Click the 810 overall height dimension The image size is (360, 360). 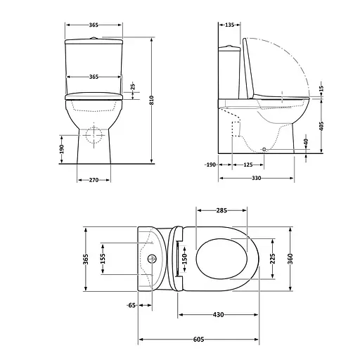point(152,101)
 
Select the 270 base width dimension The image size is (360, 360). point(93,181)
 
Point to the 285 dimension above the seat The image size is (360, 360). point(221,210)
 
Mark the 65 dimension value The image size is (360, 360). point(131,305)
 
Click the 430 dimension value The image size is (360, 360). point(218,314)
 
